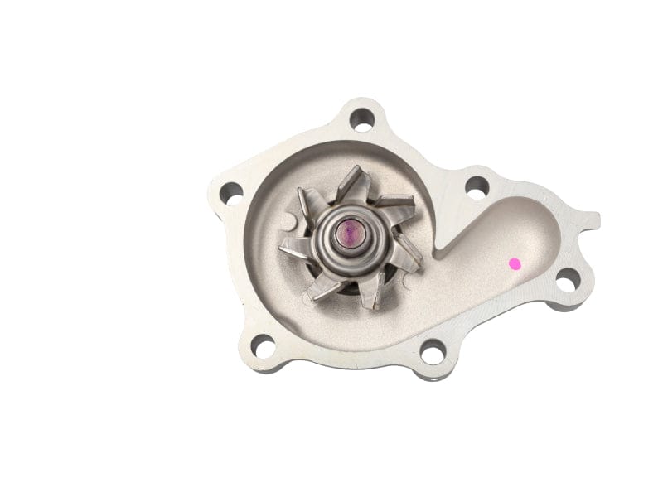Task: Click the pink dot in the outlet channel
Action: click(x=515, y=264)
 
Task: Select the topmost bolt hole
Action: click(x=361, y=119)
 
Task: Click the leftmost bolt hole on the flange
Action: click(x=230, y=191)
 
